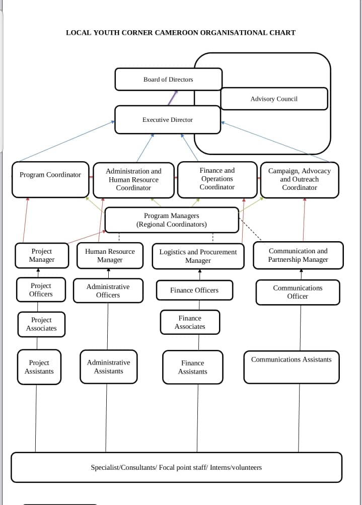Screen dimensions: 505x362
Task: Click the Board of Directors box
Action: coord(168,79)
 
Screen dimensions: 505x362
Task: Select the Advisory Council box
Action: coord(274,99)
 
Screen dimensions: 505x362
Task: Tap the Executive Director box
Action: coord(168,120)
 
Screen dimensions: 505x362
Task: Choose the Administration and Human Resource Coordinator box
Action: coord(134,179)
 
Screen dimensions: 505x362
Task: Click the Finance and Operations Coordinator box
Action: coord(217,179)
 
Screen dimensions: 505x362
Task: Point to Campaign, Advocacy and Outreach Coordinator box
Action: coord(300,179)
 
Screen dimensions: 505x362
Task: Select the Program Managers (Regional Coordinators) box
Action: coord(172,220)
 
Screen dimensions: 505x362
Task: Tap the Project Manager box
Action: coord(42,255)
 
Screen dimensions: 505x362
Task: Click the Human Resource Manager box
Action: coord(110,256)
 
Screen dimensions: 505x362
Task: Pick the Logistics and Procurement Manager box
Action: coord(198,256)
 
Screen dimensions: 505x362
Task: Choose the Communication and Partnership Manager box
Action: coord(298,255)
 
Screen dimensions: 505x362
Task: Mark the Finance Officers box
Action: coord(194,291)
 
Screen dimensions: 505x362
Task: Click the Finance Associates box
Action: coord(190,322)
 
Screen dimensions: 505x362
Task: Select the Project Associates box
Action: coord(41,324)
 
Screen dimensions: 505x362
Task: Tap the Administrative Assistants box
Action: coord(108,367)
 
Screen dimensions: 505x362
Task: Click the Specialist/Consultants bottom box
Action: coord(176,467)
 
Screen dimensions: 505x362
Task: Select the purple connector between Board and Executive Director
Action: coord(173,98)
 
